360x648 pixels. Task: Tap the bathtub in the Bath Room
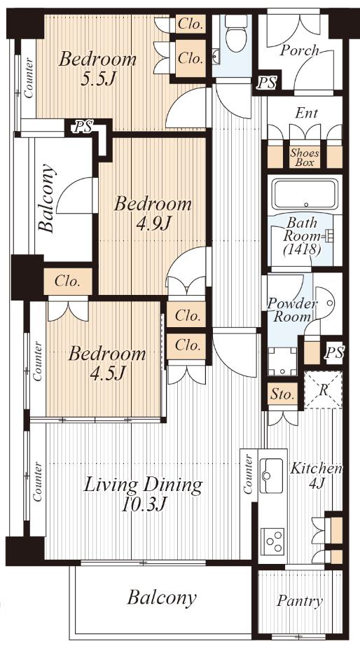pyautogui.click(x=305, y=195)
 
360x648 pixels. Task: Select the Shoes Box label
pyautogui.click(x=305, y=158)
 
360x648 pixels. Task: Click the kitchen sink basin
pyautogui.click(x=271, y=476)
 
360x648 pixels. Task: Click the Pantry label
pyautogui.click(x=300, y=601)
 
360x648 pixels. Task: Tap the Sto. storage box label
pyautogui.click(x=282, y=394)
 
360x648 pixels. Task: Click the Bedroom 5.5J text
pyautogui.click(x=97, y=69)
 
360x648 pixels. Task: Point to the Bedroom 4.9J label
pyautogui.click(x=153, y=214)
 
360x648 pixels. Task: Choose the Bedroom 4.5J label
pyautogui.click(x=107, y=364)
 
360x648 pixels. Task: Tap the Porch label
pyautogui.click(x=300, y=50)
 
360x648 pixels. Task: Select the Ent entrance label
pyautogui.click(x=307, y=112)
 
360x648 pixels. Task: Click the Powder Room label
pyautogui.click(x=291, y=310)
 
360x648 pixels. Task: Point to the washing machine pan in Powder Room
pyautogui.click(x=282, y=361)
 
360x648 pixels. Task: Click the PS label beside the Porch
pyautogui.click(x=267, y=83)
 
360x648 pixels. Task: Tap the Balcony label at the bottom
pyautogui.click(x=161, y=598)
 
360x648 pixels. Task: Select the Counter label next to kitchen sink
pyautogui.click(x=249, y=474)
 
